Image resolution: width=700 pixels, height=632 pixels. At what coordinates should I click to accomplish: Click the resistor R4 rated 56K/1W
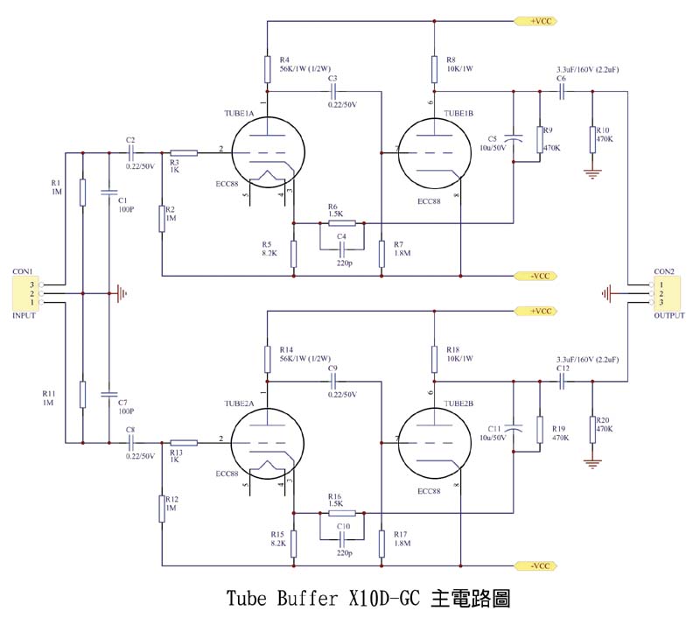pos(268,67)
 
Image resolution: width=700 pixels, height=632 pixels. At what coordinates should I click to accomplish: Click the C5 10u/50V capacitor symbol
pos(514,137)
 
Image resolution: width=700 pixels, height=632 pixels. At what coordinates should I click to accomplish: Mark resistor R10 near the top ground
pos(592,137)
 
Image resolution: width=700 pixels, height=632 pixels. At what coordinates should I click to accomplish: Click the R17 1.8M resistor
pos(381,543)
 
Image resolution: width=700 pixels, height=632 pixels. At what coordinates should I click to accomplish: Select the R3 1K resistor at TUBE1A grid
pos(184,152)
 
